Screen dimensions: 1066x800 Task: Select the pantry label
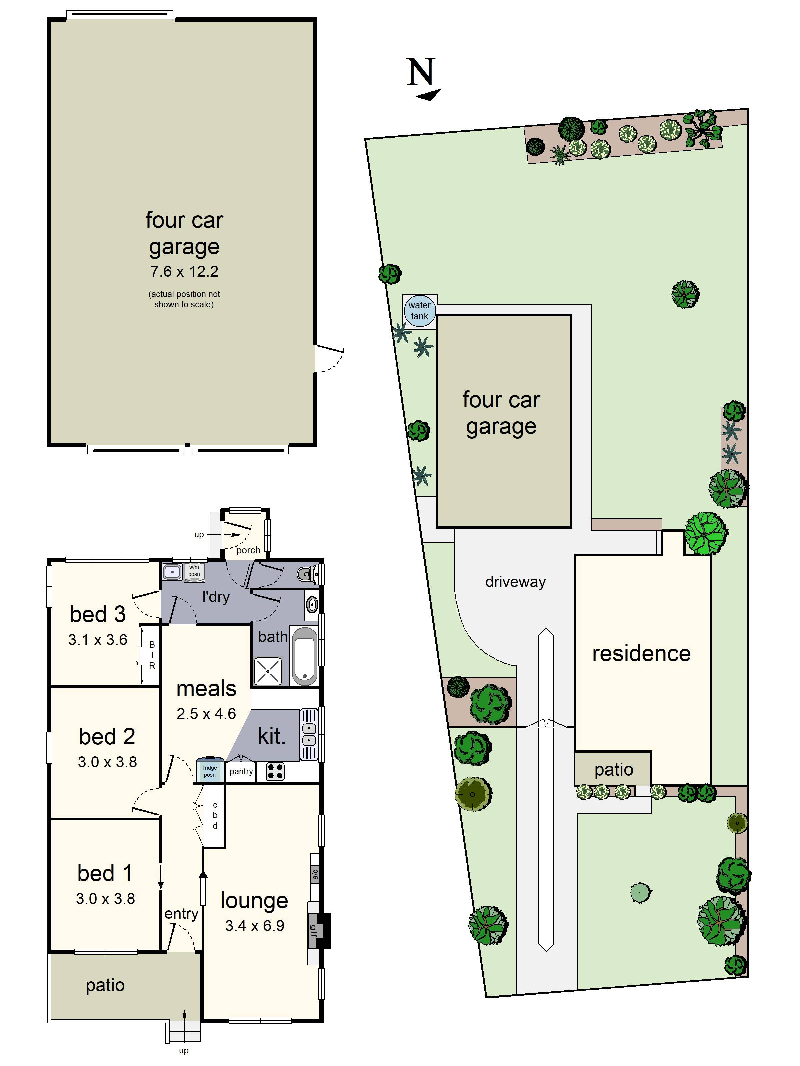click(x=241, y=771)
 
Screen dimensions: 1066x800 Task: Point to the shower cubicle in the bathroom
click(x=268, y=671)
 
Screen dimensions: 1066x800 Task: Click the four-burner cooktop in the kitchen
click(x=275, y=772)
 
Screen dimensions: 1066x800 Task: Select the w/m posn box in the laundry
click(x=194, y=571)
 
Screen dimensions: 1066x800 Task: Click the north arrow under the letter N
click(x=428, y=95)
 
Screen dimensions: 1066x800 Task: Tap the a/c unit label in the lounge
click(x=314, y=874)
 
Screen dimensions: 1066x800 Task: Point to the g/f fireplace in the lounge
click(x=313, y=930)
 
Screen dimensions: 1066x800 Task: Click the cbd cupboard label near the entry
click(x=215, y=815)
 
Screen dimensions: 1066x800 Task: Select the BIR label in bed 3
click(x=152, y=655)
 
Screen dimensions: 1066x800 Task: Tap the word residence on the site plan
click(x=641, y=654)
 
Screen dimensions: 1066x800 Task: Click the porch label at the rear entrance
click(x=248, y=550)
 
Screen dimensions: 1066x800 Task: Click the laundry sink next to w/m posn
click(x=172, y=572)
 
